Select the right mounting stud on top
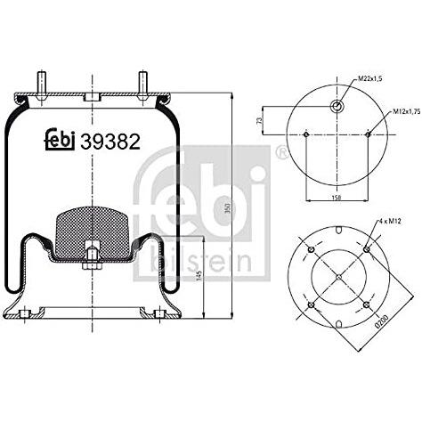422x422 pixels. (x=142, y=85)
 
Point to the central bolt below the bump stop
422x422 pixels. (x=92, y=260)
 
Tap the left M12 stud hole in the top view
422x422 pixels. (x=305, y=134)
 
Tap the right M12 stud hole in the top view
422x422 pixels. (x=368, y=134)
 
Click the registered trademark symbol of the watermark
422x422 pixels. (x=282, y=153)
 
